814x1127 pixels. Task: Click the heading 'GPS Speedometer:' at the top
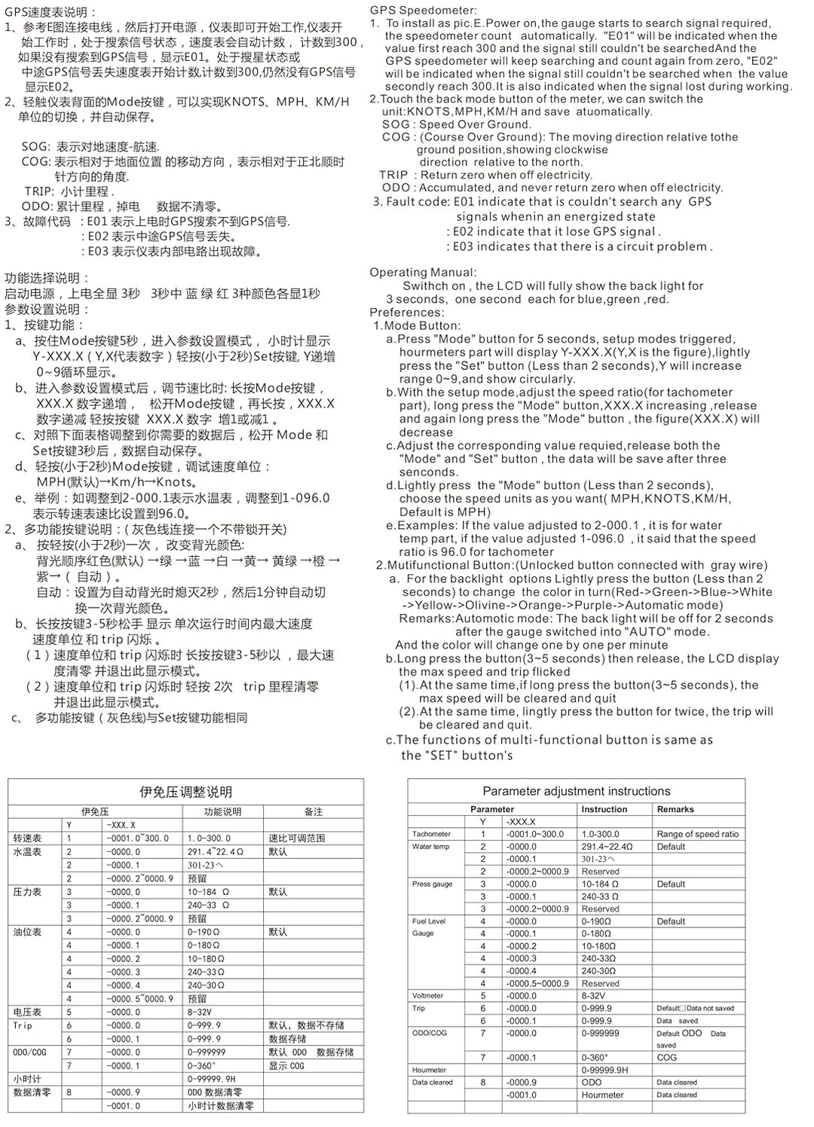point(423,11)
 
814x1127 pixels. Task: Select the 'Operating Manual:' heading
point(423,272)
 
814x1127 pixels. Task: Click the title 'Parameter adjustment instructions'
point(576,791)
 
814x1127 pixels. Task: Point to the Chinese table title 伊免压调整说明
point(185,792)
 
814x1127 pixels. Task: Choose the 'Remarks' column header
point(675,809)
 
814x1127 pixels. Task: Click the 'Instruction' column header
point(604,809)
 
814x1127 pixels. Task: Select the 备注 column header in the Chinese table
point(314,811)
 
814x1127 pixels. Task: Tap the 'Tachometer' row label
point(431,834)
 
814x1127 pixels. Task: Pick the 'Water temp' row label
point(430,847)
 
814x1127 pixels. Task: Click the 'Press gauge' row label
point(432,884)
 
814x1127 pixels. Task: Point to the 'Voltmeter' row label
point(427,996)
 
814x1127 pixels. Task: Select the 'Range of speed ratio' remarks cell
point(697,834)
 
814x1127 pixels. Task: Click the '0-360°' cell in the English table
point(595,1058)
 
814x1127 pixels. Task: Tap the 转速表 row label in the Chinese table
point(27,838)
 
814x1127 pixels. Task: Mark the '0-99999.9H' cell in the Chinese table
point(212,1079)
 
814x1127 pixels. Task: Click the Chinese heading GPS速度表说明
point(50,12)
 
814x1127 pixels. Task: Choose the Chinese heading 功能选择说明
point(47,278)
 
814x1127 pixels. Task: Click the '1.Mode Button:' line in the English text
point(417,325)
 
